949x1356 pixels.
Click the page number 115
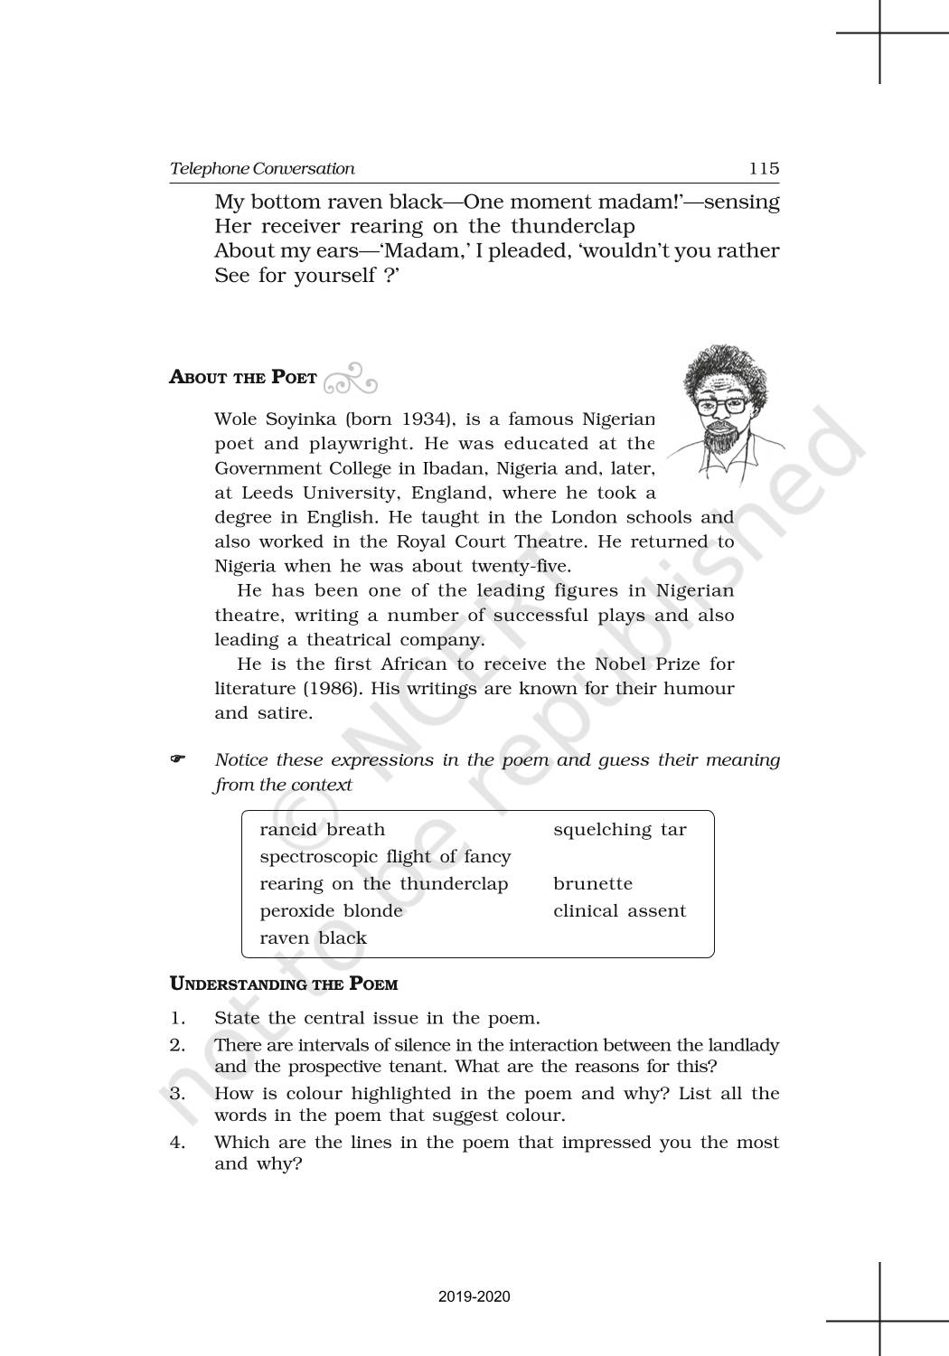point(764,168)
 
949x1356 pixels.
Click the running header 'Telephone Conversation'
point(262,168)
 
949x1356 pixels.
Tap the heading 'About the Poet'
point(243,377)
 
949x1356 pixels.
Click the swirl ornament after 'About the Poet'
point(350,380)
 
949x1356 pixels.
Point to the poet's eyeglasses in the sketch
point(725,406)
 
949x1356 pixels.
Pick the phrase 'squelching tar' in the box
point(619,830)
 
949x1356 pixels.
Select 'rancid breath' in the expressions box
point(322,830)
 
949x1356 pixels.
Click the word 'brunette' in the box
point(593,884)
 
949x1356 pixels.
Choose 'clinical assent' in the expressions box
point(619,911)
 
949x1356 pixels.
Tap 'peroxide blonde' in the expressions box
point(331,911)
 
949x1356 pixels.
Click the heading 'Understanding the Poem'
point(284,984)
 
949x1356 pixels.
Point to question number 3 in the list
point(177,1094)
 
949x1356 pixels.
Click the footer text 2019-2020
point(474,1296)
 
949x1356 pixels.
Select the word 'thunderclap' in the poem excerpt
point(573,226)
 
